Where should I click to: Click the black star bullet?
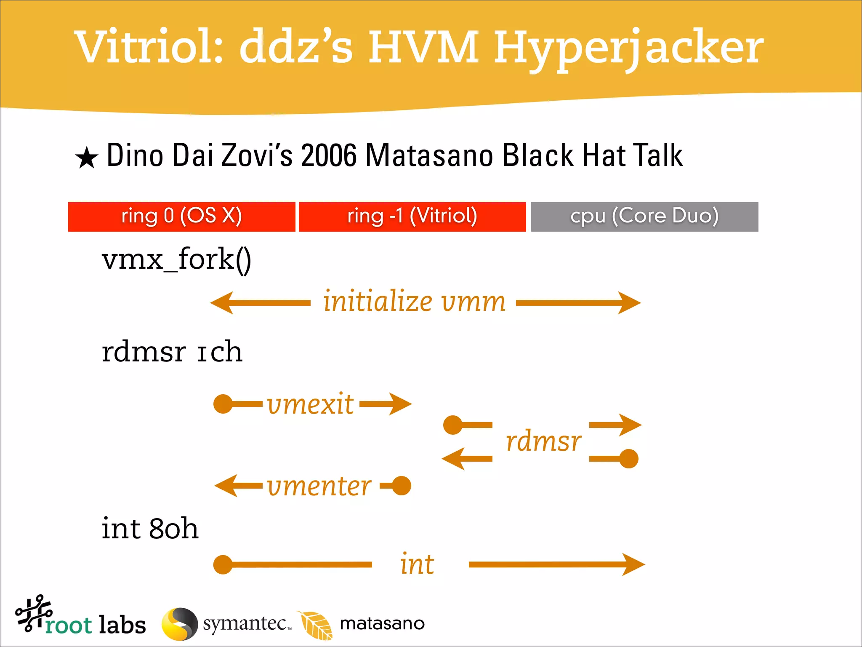(x=87, y=158)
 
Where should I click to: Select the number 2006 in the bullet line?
(x=329, y=156)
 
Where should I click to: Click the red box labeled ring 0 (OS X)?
(x=181, y=217)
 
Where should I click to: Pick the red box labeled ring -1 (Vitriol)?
(x=412, y=217)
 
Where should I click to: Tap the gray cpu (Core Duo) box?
(x=644, y=217)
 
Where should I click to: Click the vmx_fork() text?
(x=176, y=260)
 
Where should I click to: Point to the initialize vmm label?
(x=414, y=302)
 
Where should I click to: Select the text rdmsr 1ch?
(x=172, y=352)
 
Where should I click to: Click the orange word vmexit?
(x=310, y=404)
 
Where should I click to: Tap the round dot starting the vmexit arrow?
(x=223, y=404)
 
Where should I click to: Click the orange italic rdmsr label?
(x=543, y=441)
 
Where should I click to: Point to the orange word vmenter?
(x=319, y=486)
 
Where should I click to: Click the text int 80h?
(x=150, y=529)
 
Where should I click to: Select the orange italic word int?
(x=417, y=564)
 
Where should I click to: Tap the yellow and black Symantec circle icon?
(x=180, y=624)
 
